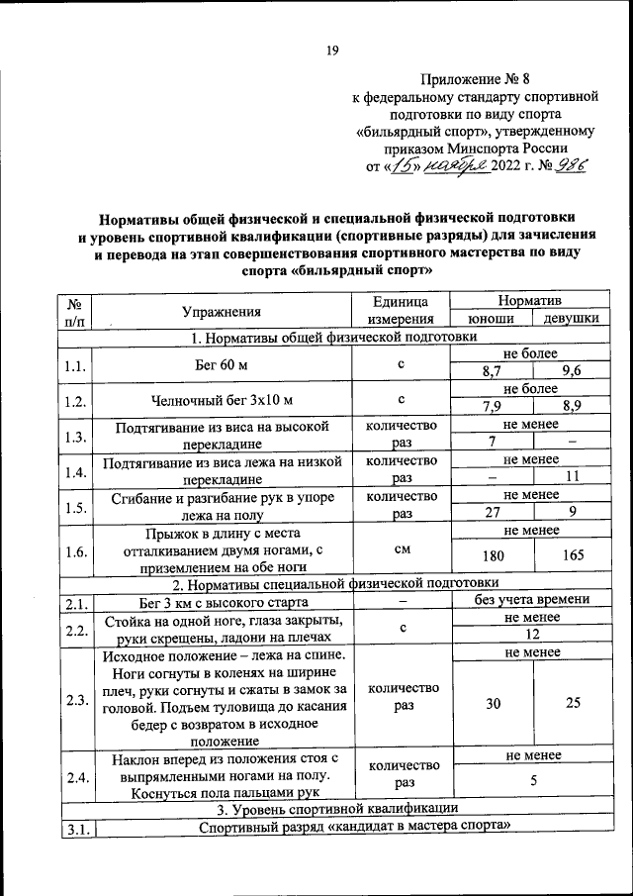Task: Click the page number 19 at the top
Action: coord(333,52)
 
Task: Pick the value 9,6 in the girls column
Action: coord(572,371)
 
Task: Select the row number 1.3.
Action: coord(73,435)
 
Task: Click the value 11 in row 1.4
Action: coord(572,475)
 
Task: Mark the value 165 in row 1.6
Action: coord(572,555)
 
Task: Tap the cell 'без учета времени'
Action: coord(531,600)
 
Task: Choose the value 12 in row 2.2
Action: coord(531,635)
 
